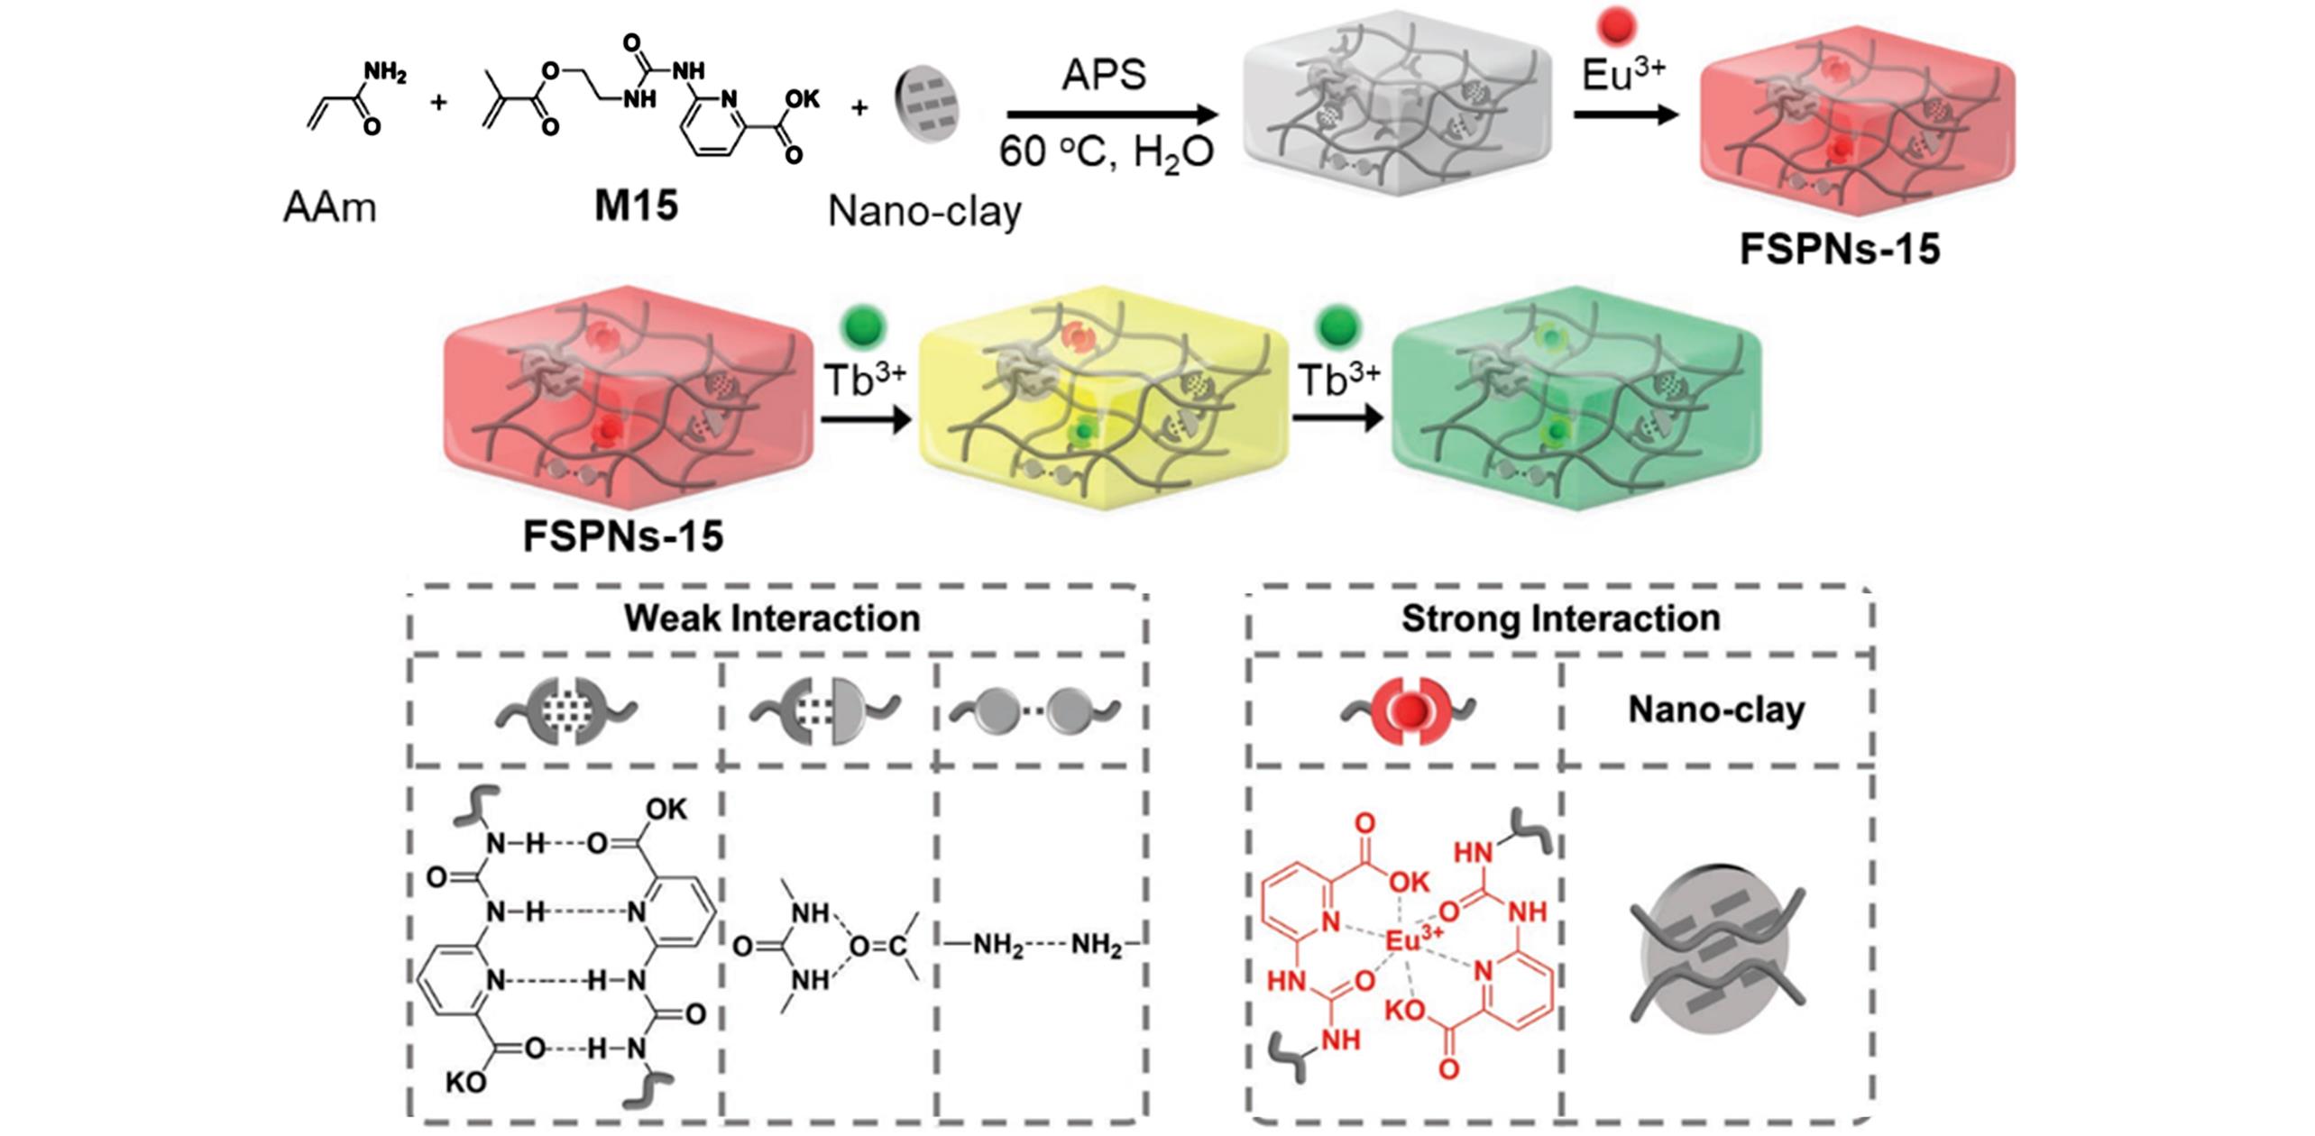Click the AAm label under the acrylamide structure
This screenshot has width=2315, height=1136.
(329, 208)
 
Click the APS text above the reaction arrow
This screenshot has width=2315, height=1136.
(1104, 75)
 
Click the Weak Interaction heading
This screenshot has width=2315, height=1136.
(772, 618)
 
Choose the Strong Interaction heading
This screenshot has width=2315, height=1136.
(1560, 618)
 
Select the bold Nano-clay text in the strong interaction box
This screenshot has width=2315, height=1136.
(1716, 710)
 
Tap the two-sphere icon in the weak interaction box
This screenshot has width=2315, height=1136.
(1036, 711)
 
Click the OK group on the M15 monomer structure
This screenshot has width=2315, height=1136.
(802, 100)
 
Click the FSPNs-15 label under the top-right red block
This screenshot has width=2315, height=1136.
(1839, 249)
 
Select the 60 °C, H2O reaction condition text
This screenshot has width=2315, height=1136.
(1106, 154)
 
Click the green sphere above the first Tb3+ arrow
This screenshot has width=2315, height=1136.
(863, 327)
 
